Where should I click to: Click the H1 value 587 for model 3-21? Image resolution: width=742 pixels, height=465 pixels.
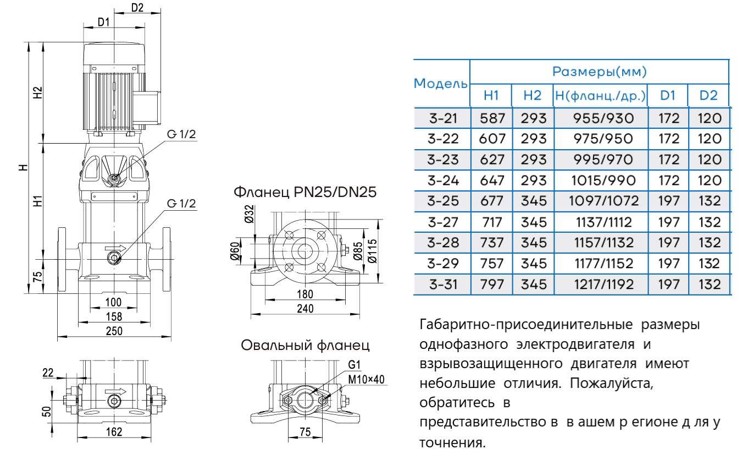pyautogui.click(x=491, y=118)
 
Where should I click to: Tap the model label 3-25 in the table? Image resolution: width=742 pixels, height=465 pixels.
pyautogui.click(x=442, y=201)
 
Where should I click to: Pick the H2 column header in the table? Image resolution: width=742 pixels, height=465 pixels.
pyautogui.click(x=532, y=95)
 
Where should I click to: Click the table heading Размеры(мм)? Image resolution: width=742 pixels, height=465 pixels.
pyautogui.click(x=599, y=72)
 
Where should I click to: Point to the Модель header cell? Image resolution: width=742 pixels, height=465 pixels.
pyautogui.click(x=441, y=84)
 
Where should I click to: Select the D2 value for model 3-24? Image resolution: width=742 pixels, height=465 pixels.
pyautogui.click(x=709, y=180)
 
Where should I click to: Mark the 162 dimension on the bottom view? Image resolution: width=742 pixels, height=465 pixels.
pyautogui.click(x=114, y=431)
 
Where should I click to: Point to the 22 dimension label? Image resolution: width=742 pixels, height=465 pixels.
pyautogui.click(x=48, y=373)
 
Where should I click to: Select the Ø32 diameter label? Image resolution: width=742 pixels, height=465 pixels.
pyautogui.click(x=248, y=214)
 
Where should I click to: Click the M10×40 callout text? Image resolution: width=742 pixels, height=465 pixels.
pyautogui.click(x=367, y=379)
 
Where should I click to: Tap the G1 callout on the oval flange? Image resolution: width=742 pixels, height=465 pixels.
pyautogui.click(x=354, y=365)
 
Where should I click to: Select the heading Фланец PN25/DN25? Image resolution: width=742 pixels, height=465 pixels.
pyautogui.click(x=305, y=193)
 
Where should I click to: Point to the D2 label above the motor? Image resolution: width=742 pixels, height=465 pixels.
pyautogui.click(x=137, y=7)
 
